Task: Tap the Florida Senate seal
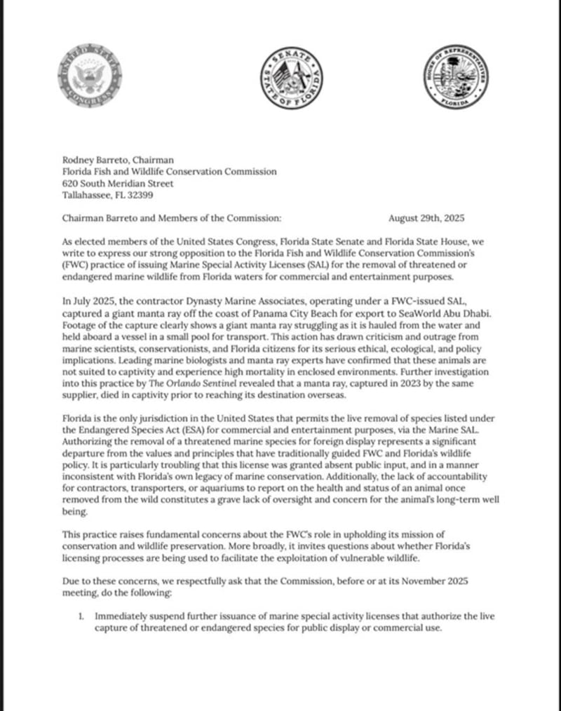[x=289, y=81]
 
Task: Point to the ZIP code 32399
[x=150, y=195]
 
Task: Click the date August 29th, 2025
[x=426, y=218]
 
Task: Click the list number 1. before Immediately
[x=81, y=616]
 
